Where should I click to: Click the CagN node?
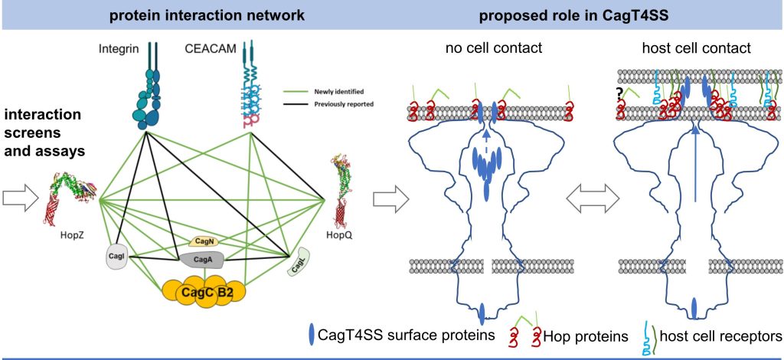pos(207,241)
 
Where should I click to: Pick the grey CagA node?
pos(203,260)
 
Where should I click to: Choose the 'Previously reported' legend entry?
pos(338,102)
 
